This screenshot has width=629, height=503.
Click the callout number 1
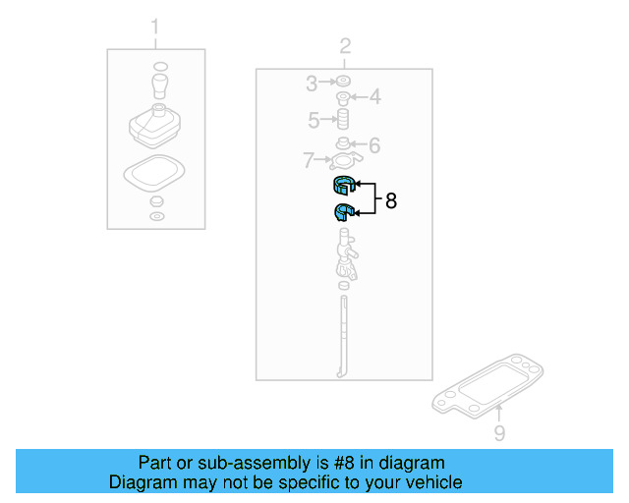[154, 25]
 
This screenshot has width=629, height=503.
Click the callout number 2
[345, 45]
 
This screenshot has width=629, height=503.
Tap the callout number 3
[311, 82]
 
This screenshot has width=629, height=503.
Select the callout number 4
[374, 97]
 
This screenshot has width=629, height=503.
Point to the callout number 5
[314, 121]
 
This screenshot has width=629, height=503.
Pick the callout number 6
[373, 145]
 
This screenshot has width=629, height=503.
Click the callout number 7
[308, 159]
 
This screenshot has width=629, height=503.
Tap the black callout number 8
[391, 201]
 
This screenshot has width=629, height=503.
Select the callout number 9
[498, 432]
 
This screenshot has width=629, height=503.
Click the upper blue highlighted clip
[341, 186]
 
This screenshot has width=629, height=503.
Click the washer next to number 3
[344, 82]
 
